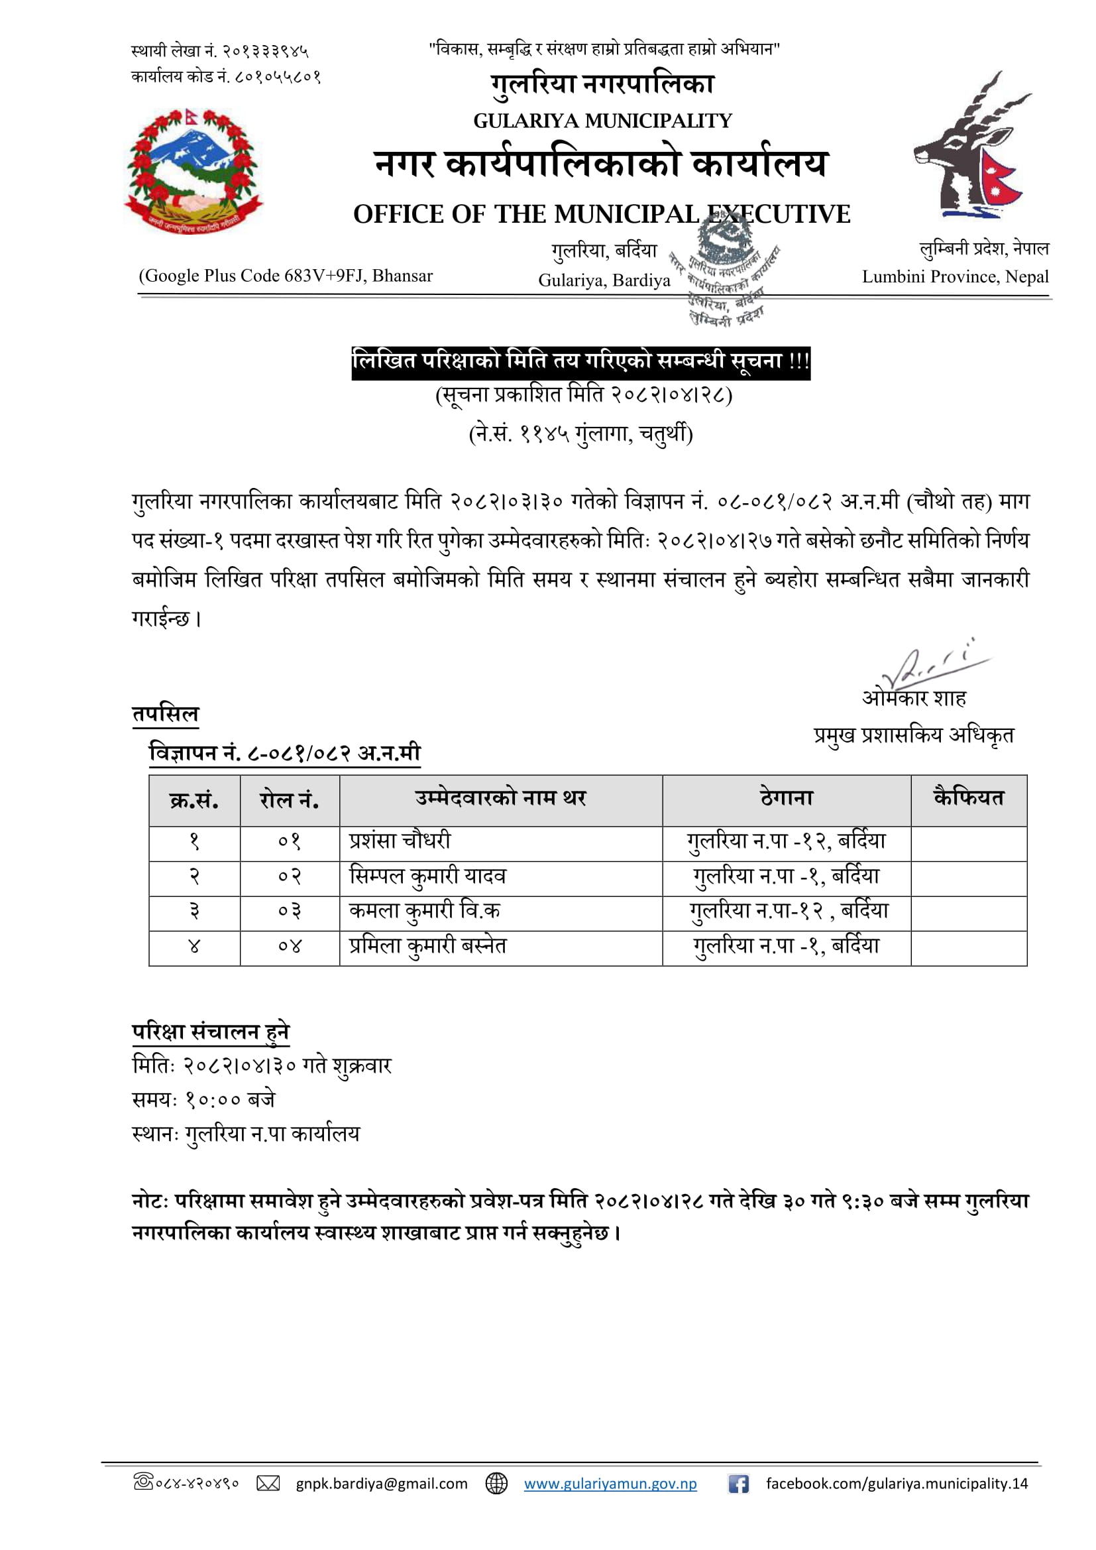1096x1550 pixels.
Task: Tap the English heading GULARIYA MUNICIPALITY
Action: pos(602,121)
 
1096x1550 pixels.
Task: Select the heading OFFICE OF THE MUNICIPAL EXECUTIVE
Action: pos(601,215)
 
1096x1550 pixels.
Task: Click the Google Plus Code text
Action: pos(286,276)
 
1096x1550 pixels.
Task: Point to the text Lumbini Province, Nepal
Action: pos(954,277)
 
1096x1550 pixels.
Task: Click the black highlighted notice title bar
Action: pos(580,362)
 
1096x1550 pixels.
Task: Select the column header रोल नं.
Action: pos(289,801)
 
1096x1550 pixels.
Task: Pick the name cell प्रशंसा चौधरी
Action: pos(400,842)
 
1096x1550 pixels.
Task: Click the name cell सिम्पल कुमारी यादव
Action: pos(427,877)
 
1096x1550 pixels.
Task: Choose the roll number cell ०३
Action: pos(289,912)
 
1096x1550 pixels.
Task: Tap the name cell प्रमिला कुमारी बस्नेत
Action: pos(427,947)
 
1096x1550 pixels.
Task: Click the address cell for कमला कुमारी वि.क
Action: pos(787,912)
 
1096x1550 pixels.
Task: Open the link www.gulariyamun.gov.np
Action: pos(610,1483)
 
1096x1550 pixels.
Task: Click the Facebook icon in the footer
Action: pos(738,1483)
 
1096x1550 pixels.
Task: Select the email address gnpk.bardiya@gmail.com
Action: pos(381,1483)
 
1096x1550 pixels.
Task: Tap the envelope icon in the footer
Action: pos(268,1483)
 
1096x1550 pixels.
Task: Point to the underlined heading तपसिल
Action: pos(166,714)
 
